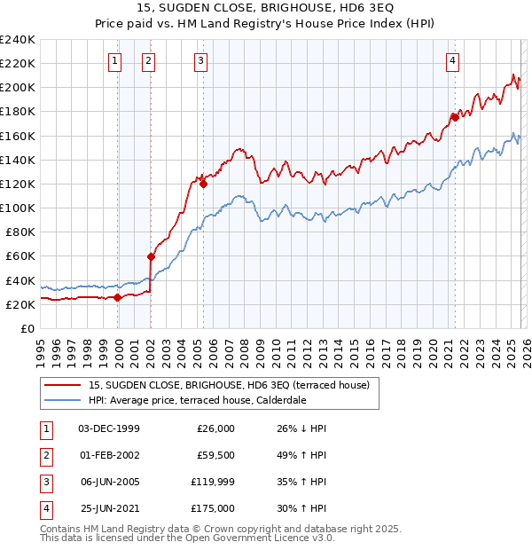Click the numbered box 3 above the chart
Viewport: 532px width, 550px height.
point(201,60)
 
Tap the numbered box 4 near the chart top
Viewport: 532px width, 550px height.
point(452,60)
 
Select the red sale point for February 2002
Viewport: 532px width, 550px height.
point(151,256)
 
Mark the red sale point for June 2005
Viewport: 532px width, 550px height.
point(203,185)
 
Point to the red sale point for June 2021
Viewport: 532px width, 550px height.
point(455,116)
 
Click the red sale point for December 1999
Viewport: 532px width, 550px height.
point(117,297)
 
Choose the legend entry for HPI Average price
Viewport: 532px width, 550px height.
point(197,400)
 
